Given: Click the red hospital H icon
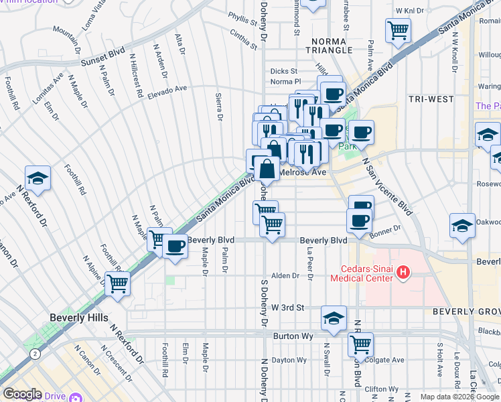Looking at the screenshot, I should pyautogui.click(x=403, y=272).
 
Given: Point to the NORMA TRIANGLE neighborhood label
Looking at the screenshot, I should pyautogui.click(x=328, y=45).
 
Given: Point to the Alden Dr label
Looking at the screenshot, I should pyautogui.click(x=285, y=275).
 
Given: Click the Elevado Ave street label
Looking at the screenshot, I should pyautogui.click(x=168, y=92).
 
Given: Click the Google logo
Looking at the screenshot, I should pyautogui.click(x=22, y=394).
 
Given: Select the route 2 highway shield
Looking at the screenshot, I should pyautogui.click(x=34, y=352).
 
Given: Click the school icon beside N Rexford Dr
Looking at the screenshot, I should pyautogui.click(x=38, y=178).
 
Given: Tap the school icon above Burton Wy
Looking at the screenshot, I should pyautogui.click(x=334, y=318).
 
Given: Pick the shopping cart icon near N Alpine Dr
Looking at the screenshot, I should pyautogui.click(x=118, y=283).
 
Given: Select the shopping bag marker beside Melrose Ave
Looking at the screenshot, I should pyautogui.click(x=267, y=170).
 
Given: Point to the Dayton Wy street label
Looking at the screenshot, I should pyautogui.click(x=289, y=360).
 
